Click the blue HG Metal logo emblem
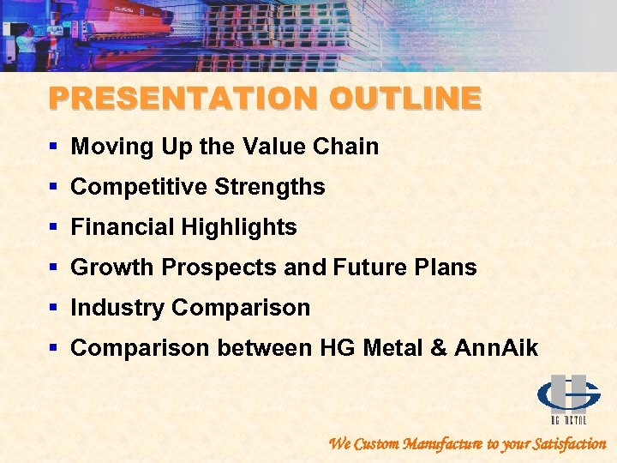[568, 394]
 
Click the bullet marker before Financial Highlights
[54, 228]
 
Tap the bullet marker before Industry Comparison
[54, 309]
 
